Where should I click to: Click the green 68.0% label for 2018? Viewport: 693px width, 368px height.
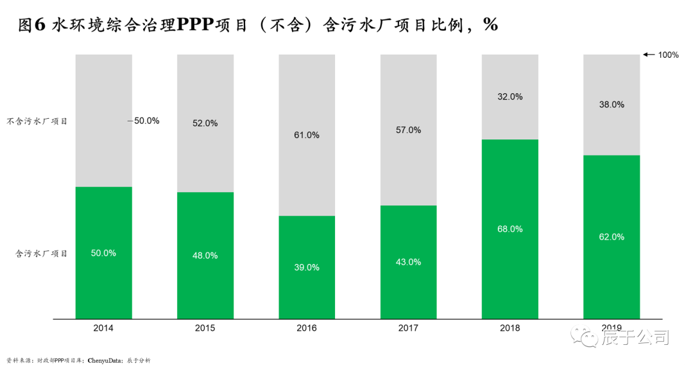coord(509,229)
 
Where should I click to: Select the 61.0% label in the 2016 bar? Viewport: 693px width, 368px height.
coord(307,135)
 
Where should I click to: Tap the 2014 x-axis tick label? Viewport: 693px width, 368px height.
coord(103,328)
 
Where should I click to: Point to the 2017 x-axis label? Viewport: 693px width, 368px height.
coord(408,328)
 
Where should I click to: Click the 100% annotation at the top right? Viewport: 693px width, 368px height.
coord(668,55)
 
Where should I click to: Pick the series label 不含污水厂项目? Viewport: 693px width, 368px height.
coord(37,121)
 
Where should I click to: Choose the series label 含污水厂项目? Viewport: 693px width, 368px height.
coord(42,254)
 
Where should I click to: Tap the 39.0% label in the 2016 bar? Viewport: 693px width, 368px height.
coord(307,267)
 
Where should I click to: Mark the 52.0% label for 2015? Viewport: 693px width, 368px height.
coord(205,123)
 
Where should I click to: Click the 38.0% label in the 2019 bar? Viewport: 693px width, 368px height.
coord(612,105)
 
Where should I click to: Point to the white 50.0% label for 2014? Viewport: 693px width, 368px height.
coord(103,253)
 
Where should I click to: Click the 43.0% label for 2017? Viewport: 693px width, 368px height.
coord(408,262)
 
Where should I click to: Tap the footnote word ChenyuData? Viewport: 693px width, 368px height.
coord(107,360)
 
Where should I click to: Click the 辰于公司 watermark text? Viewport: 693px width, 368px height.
coord(635,337)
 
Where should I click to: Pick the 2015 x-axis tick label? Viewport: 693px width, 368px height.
coord(205,328)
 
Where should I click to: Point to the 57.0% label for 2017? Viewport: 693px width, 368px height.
coord(408,130)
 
